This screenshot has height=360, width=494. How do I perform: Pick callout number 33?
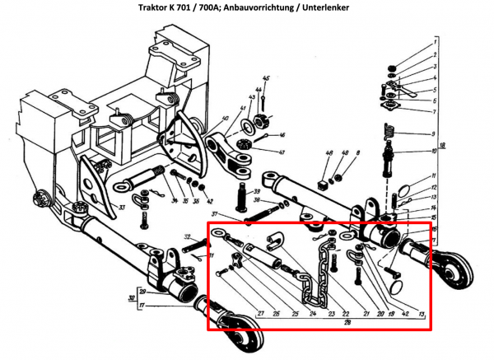pyautogui.click(x=122, y=207)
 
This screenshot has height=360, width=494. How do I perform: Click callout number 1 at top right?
pyautogui.click(x=433, y=40)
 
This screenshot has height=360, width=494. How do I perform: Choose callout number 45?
pyautogui.click(x=267, y=79)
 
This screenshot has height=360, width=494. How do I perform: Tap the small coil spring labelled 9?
pyautogui.click(x=389, y=130)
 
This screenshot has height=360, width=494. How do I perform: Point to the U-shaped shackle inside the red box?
pyautogui.click(x=274, y=241)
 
